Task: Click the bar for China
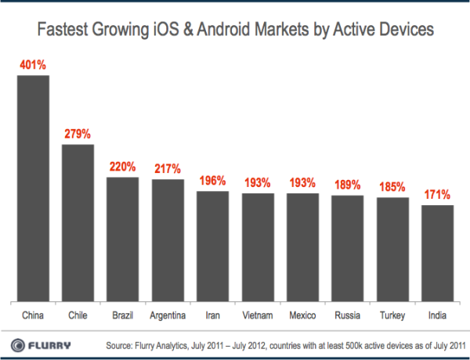33,188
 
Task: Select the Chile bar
78,222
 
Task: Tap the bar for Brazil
122,239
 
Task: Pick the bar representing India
438,253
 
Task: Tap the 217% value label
168,168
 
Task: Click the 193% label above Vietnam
258,182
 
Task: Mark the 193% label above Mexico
302,182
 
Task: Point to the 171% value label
438,194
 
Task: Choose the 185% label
392,187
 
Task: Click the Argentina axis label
168,315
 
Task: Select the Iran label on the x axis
212,315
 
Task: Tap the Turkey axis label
392,315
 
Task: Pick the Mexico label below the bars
302,315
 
